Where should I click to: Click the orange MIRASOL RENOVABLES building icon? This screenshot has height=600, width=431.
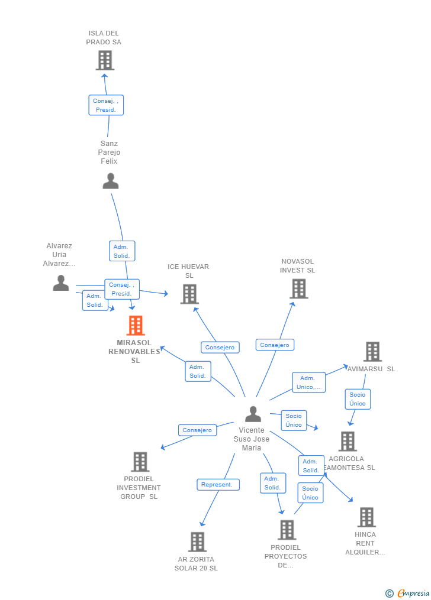pyautogui.click(x=136, y=325)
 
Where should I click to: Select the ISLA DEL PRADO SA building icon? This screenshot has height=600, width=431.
pyautogui.click(x=105, y=60)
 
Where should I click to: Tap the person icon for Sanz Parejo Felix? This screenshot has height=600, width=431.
pyautogui.click(x=111, y=181)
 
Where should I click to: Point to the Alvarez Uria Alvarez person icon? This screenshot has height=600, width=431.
pyautogui.click(x=61, y=283)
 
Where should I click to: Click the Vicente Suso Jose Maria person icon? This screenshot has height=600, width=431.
pyautogui.click(x=253, y=414)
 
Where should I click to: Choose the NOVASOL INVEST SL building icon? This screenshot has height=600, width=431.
pyautogui.click(x=299, y=288)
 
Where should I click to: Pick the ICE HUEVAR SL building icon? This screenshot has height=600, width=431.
pyautogui.click(x=189, y=294)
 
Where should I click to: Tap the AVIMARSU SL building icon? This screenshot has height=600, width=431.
pyautogui.click(x=372, y=351)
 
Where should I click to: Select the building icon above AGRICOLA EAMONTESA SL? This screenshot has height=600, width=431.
pyautogui.click(x=348, y=441)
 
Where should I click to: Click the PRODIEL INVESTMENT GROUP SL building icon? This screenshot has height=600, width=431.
pyautogui.click(x=140, y=462)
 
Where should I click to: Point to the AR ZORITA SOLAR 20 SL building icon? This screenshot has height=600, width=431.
pyautogui.click(x=197, y=541)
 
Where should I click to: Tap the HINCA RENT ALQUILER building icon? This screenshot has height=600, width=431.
pyautogui.click(x=366, y=517)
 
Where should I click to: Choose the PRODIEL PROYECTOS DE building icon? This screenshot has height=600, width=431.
pyautogui.click(x=287, y=530)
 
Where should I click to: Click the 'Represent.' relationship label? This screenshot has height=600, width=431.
pyautogui.click(x=218, y=485)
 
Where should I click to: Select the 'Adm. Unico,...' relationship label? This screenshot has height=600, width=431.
pyautogui.click(x=308, y=382)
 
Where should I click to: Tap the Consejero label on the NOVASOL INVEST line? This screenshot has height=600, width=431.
pyautogui.click(x=275, y=345)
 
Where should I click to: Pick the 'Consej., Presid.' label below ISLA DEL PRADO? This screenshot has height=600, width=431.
pyautogui.click(x=106, y=105)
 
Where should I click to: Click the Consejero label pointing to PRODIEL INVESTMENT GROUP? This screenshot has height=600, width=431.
pyautogui.click(x=197, y=430)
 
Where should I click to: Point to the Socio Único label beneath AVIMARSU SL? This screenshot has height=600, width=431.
pyautogui.click(x=358, y=399)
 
